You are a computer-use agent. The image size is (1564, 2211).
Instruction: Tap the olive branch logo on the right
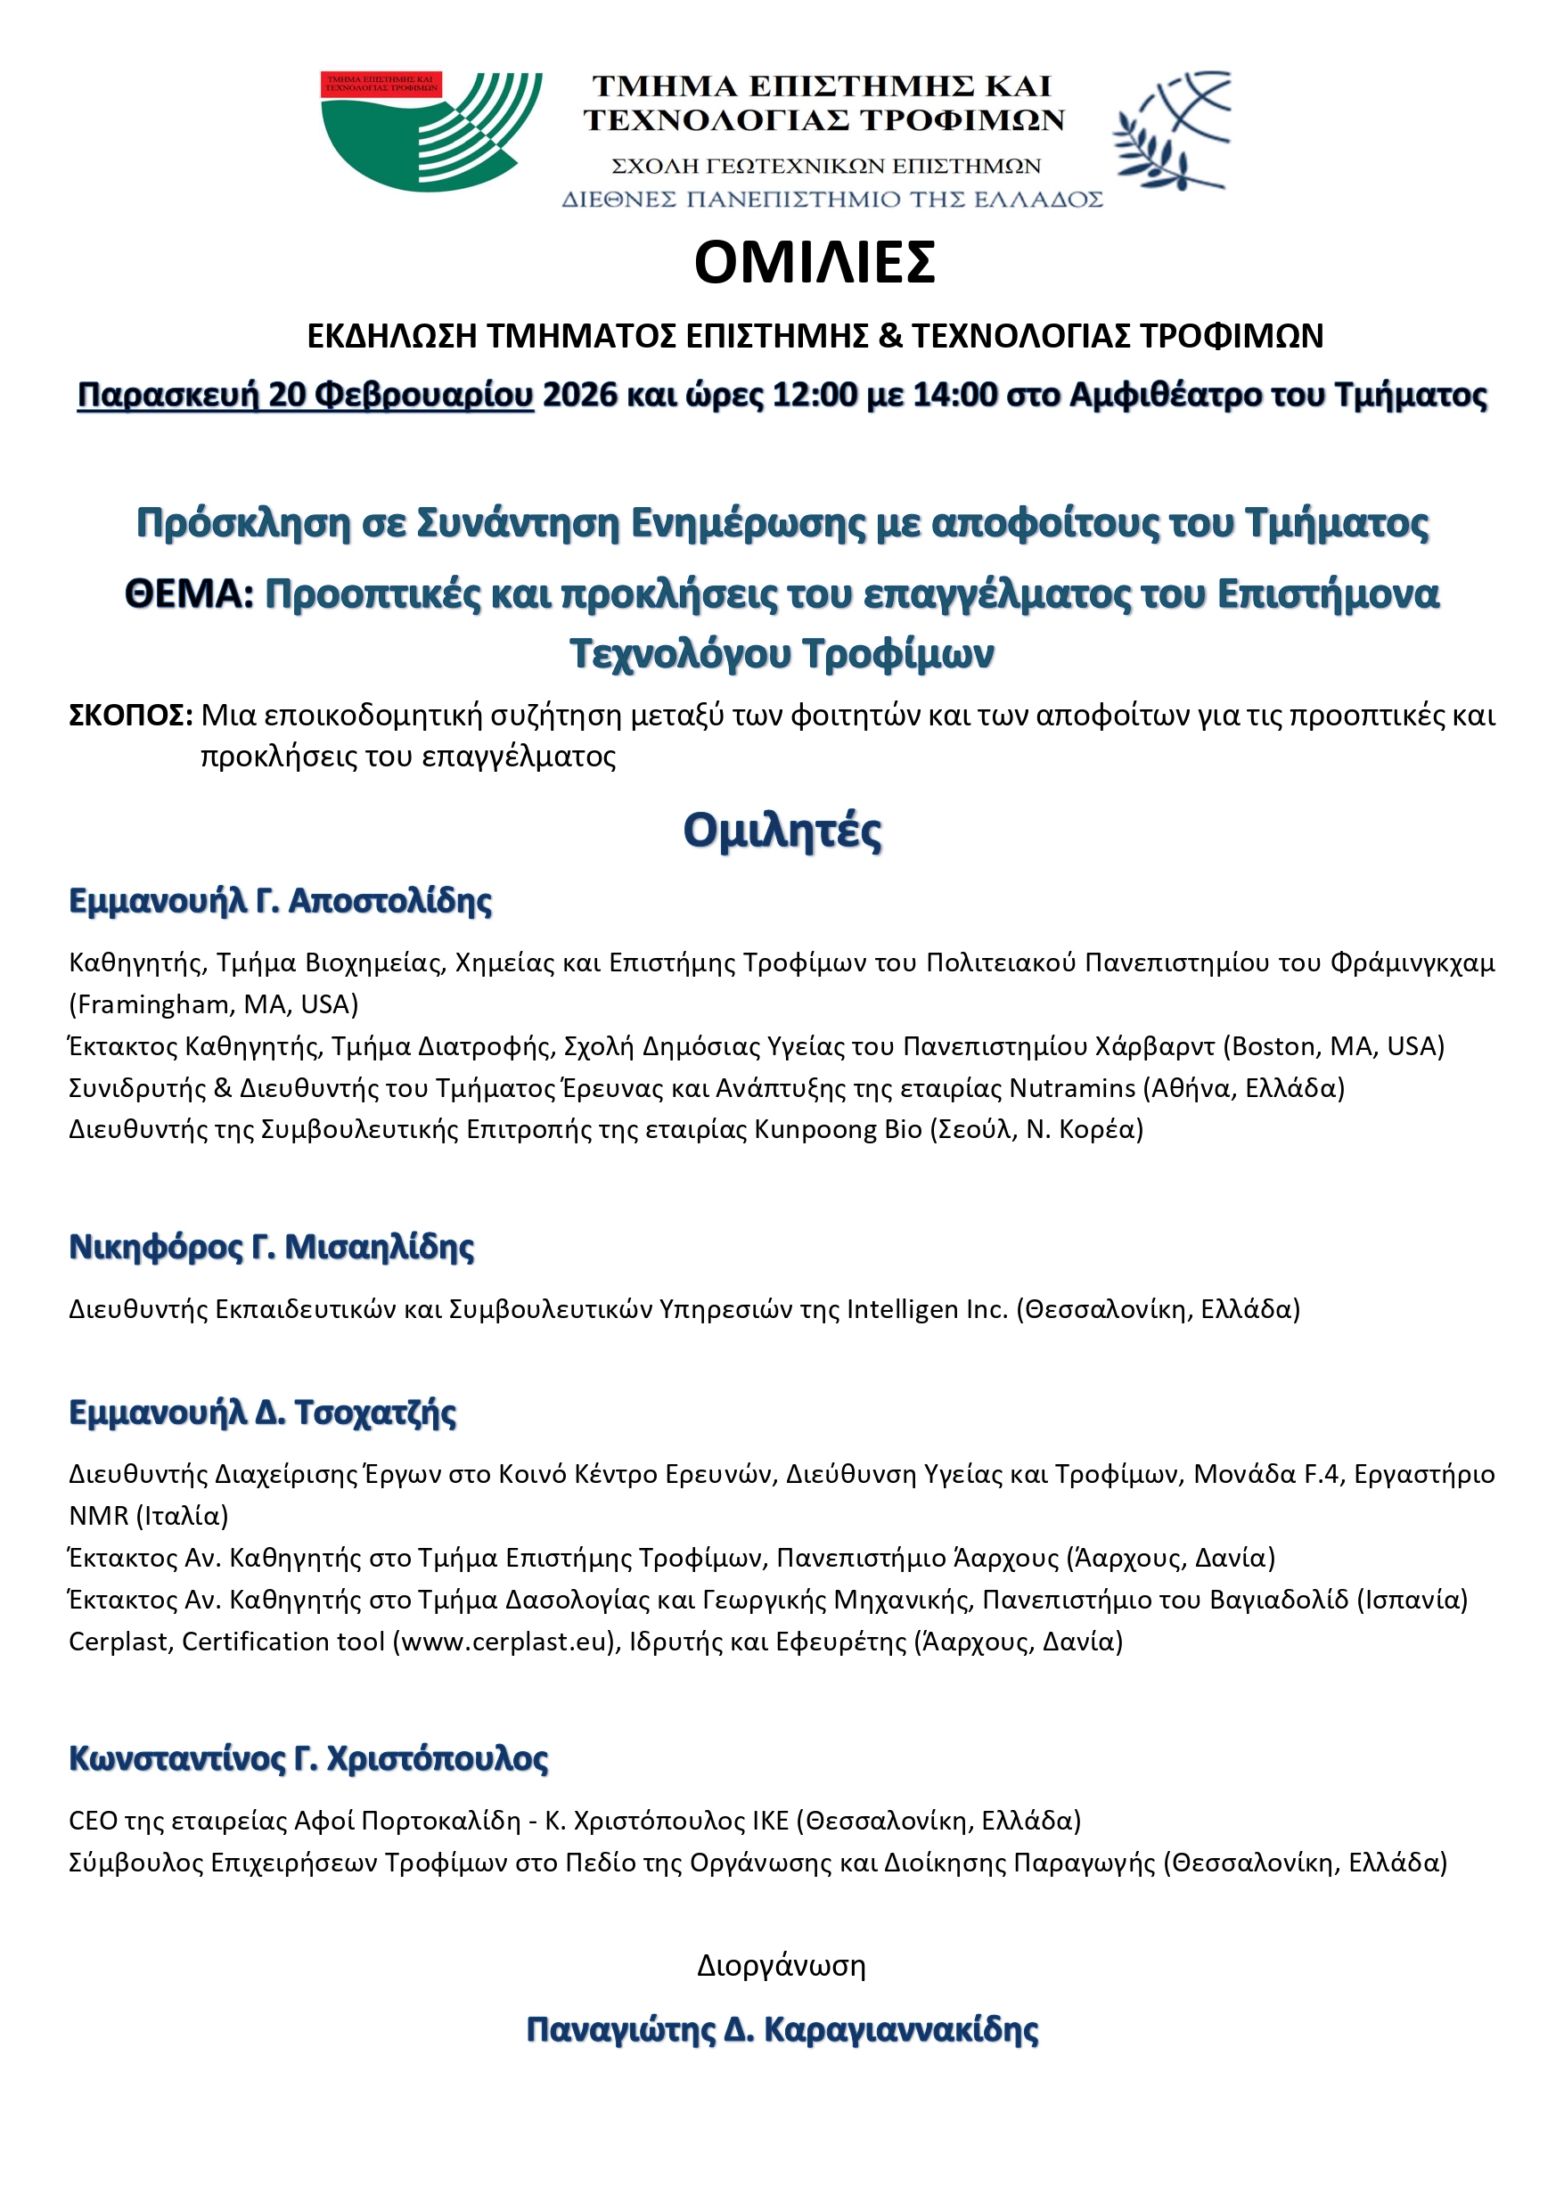point(1171,130)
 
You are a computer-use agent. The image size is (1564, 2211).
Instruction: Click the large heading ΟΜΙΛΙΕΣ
point(814,262)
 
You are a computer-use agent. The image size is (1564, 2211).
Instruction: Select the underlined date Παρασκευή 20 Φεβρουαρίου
point(306,395)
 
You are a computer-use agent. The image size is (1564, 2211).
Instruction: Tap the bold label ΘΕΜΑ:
point(189,594)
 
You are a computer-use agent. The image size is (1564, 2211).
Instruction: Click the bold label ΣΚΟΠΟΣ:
point(131,716)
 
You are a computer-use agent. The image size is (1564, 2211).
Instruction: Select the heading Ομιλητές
point(782,830)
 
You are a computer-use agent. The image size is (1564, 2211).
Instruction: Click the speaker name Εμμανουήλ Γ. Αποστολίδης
point(280,901)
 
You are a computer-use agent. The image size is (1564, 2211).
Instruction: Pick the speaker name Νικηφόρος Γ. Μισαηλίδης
point(272,1247)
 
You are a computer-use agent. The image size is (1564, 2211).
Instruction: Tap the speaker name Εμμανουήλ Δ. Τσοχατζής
point(263,1413)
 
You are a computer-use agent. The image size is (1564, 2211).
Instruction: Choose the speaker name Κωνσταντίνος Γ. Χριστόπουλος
point(308,1758)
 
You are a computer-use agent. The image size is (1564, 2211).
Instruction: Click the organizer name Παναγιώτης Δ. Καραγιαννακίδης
point(782,2030)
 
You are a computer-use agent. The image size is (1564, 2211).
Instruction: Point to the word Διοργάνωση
point(781,1965)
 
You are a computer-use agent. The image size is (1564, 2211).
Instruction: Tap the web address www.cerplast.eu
point(504,1641)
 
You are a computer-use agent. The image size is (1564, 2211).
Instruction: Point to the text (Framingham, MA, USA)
point(214,1004)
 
